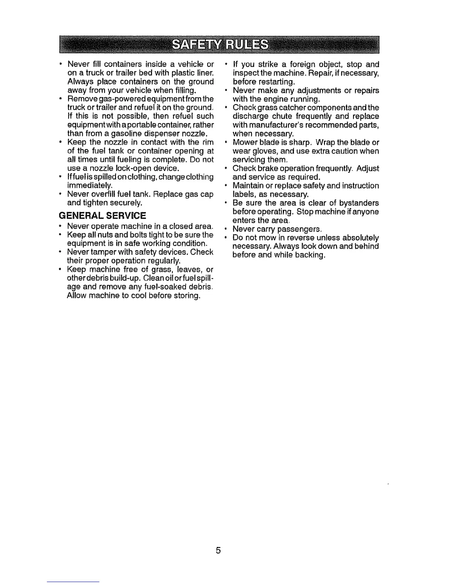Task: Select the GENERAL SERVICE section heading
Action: pyautogui.click(x=102, y=215)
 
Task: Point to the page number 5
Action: pyautogui.click(x=218, y=551)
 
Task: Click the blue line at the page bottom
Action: pyautogui.click(x=73, y=582)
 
